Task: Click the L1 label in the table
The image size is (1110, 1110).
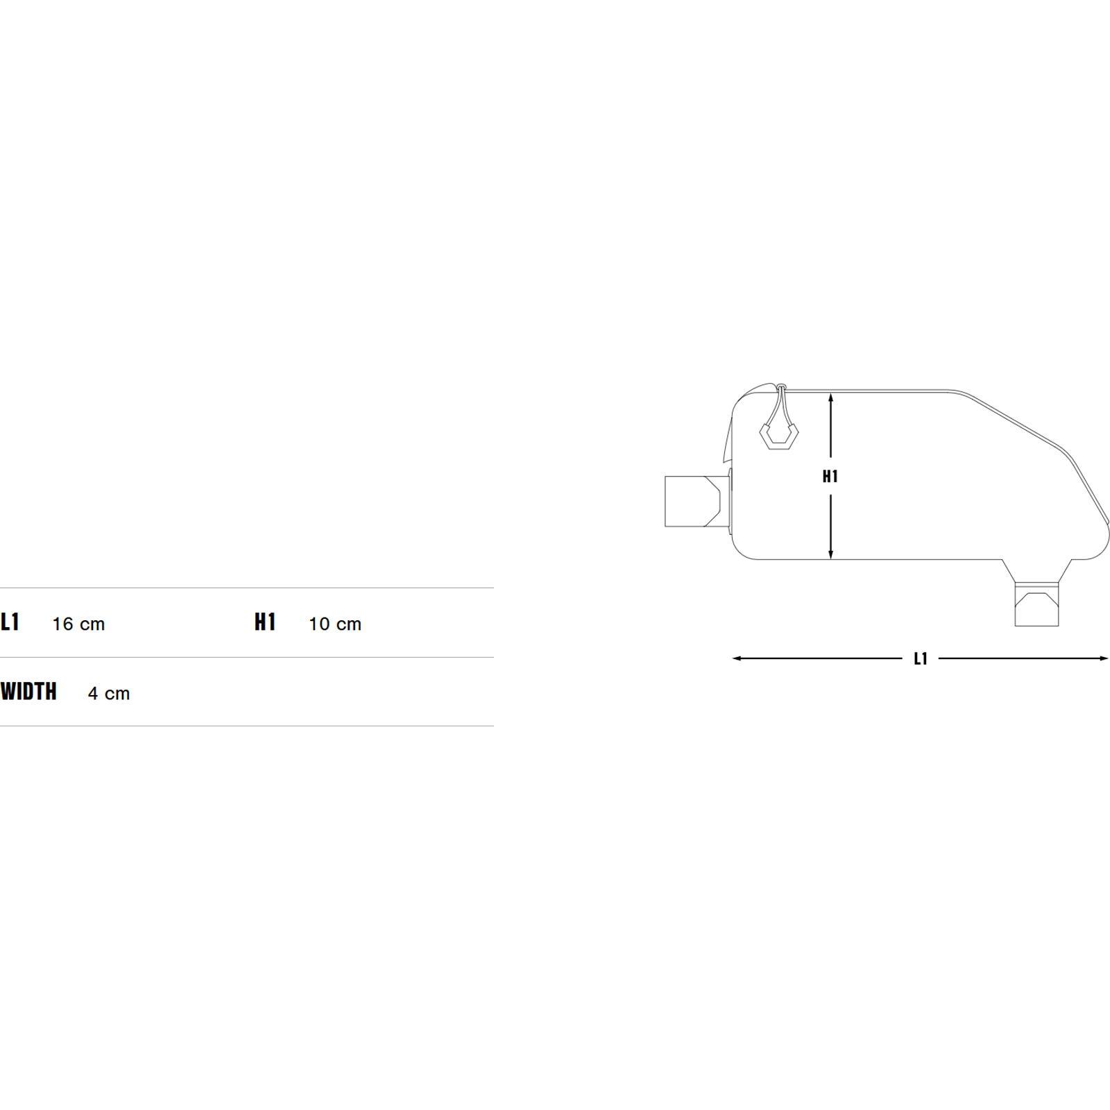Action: pyautogui.click(x=10, y=622)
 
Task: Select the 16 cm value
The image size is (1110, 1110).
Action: pyautogui.click(x=78, y=624)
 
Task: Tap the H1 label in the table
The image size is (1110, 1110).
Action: pyautogui.click(x=265, y=622)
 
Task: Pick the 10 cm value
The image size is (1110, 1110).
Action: pyautogui.click(x=335, y=624)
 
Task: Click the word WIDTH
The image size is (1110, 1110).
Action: pyautogui.click(x=28, y=692)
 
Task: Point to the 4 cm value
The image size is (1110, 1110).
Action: pyautogui.click(x=109, y=693)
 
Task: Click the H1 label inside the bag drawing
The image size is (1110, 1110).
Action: pyautogui.click(x=830, y=477)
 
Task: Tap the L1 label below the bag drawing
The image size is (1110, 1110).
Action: pyautogui.click(x=921, y=659)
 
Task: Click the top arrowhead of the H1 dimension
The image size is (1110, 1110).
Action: pyautogui.click(x=831, y=396)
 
